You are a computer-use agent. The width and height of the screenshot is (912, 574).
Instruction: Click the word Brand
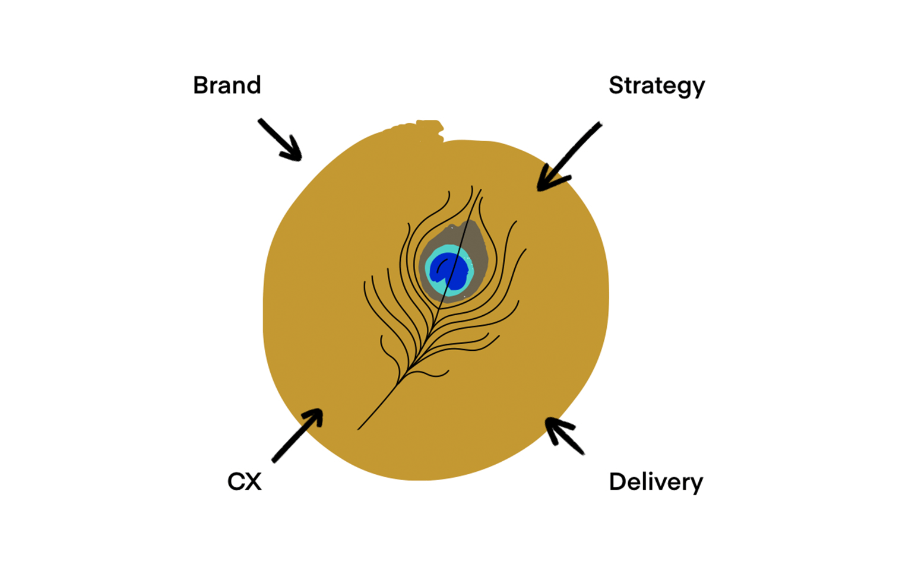227,85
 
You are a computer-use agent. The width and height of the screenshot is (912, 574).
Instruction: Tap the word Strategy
656,86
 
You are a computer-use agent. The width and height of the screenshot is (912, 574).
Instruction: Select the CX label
244,481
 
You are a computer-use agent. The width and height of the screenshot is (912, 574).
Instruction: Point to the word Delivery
656,483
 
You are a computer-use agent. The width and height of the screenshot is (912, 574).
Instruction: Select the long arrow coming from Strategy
569,156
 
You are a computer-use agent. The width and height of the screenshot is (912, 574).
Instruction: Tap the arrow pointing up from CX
297,435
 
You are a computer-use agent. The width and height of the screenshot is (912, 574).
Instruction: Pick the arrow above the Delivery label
564,436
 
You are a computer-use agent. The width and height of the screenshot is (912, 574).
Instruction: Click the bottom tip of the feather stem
358,429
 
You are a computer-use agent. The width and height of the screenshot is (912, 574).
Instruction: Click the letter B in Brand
201,85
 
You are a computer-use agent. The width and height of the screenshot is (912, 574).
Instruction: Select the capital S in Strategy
617,85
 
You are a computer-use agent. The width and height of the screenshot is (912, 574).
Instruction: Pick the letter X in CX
253,481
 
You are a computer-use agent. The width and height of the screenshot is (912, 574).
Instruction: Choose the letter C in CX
236,481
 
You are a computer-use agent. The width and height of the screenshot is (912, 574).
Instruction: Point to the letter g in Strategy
682,89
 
